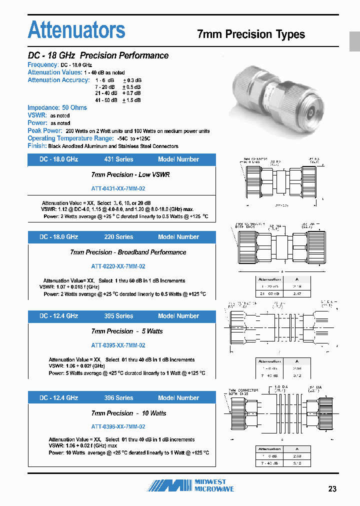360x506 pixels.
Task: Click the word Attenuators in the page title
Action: pyautogui.click(x=76, y=30)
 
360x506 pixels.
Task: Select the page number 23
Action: pyautogui.click(x=332, y=488)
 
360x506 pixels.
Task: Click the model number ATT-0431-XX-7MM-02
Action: pyautogui.click(x=118, y=188)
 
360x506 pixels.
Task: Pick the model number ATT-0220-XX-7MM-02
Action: pyautogui.click(x=118, y=266)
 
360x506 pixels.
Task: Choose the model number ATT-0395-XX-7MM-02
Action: pyautogui.click(x=118, y=345)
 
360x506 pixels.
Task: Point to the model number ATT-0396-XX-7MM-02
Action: pyautogui.click(x=118, y=426)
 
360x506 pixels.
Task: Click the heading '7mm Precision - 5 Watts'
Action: pyautogui.click(x=127, y=331)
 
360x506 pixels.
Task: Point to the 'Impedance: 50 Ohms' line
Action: pyautogui.click(x=57, y=107)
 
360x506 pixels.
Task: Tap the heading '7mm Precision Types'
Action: pyautogui.click(x=251, y=34)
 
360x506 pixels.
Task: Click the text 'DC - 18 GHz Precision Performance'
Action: pyautogui.click(x=98, y=55)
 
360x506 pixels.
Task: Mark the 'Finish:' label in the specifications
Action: pyautogui.click(x=37, y=146)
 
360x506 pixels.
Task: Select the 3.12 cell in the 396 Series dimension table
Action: pyautogui.click(x=297, y=463)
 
